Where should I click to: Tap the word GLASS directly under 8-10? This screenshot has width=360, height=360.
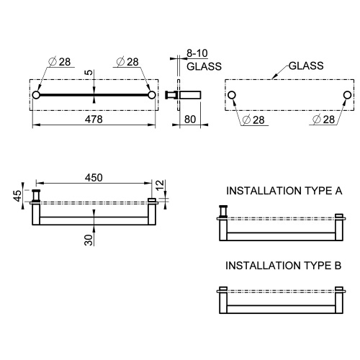click(x=204, y=66)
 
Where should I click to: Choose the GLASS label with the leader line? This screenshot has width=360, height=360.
click(x=306, y=65)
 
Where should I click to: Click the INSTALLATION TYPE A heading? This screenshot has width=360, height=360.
click(x=283, y=192)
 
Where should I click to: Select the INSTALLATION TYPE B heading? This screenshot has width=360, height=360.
click(x=283, y=265)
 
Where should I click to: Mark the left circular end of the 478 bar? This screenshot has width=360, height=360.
click(x=36, y=94)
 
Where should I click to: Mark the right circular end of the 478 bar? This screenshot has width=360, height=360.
click(x=151, y=94)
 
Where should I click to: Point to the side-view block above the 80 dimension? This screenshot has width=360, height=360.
click(x=189, y=94)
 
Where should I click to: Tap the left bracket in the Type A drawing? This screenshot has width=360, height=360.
click(x=223, y=212)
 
